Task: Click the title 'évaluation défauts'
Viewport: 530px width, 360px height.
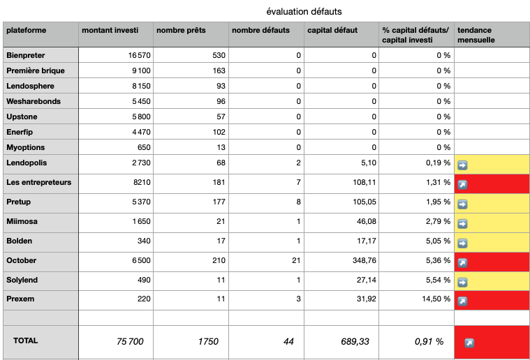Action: [304, 11]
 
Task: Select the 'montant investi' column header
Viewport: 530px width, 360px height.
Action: [110, 30]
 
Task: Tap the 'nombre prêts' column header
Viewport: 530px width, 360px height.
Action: [181, 30]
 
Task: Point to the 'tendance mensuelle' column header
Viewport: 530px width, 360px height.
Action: [476, 35]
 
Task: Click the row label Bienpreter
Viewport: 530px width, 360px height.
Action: [25, 55]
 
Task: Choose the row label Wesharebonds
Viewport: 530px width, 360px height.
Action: [34, 101]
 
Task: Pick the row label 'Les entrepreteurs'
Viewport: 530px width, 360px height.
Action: [39, 182]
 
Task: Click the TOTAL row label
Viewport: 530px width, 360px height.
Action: [25, 340]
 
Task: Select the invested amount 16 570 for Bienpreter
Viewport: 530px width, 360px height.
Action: [139, 55]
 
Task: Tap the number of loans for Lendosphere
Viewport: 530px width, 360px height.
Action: [221, 86]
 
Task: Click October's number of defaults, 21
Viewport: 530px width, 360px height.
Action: [296, 260]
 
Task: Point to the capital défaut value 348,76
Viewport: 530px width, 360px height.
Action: [364, 260]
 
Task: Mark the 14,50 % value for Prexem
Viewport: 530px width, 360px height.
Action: [436, 299]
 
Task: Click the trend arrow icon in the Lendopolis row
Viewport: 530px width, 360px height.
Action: [462, 165]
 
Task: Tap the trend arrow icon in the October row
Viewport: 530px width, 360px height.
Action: [462, 262]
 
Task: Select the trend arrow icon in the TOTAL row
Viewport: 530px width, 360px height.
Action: [469, 343]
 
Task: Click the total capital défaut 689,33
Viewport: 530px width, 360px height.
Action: [355, 342]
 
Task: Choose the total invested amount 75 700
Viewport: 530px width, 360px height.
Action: [130, 342]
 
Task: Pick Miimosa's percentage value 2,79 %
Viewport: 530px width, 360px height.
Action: [438, 222]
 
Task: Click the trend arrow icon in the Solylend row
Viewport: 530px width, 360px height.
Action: [462, 282]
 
